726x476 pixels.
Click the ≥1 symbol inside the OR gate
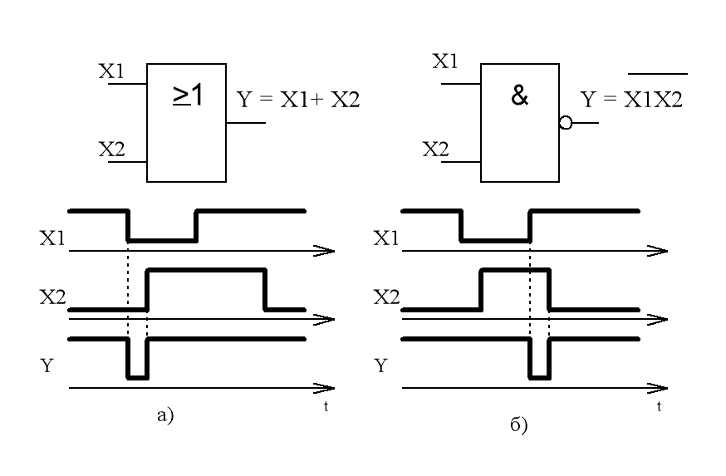[x=188, y=96]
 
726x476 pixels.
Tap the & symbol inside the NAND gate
[x=519, y=96]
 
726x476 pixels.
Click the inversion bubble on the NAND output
[x=566, y=123]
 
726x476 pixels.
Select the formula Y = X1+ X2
[x=298, y=100]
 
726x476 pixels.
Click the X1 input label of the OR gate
[x=111, y=71]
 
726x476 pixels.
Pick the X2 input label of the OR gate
[x=111, y=149]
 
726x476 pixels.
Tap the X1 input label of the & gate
[x=445, y=61]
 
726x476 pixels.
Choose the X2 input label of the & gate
[x=436, y=149]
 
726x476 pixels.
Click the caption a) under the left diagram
[x=165, y=415]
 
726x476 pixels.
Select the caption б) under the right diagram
[x=518, y=424]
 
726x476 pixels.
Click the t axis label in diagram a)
[x=326, y=406]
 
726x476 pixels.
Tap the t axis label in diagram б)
[x=659, y=406]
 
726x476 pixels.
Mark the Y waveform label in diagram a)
[x=47, y=366]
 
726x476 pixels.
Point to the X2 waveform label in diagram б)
[x=386, y=297]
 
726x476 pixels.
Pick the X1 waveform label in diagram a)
[x=52, y=238]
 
